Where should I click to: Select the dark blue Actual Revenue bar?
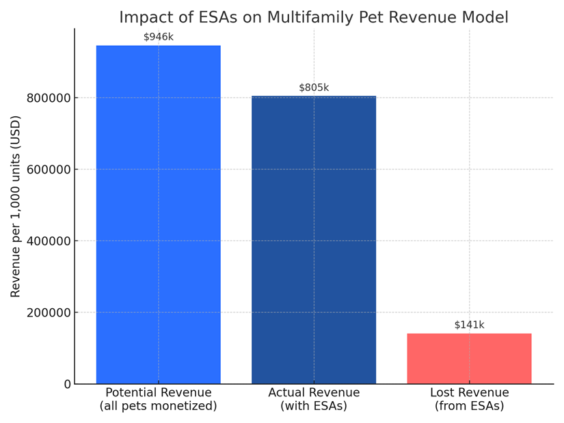314,240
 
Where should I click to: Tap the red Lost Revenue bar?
469,359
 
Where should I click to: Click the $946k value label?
159,37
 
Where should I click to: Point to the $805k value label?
314,87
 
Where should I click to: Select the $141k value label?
469,325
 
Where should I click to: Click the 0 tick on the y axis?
67,384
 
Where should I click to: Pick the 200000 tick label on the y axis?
49,313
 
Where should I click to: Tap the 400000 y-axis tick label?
49,241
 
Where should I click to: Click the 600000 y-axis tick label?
49,169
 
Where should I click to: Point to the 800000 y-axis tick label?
49,98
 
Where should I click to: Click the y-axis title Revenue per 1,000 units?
16,206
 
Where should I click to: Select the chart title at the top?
314,17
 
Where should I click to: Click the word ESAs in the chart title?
222,17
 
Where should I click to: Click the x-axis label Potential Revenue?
159,393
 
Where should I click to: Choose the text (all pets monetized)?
159,406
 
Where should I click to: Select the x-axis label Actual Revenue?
314,393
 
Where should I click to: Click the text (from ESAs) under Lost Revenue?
469,406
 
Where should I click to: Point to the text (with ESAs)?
314,406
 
